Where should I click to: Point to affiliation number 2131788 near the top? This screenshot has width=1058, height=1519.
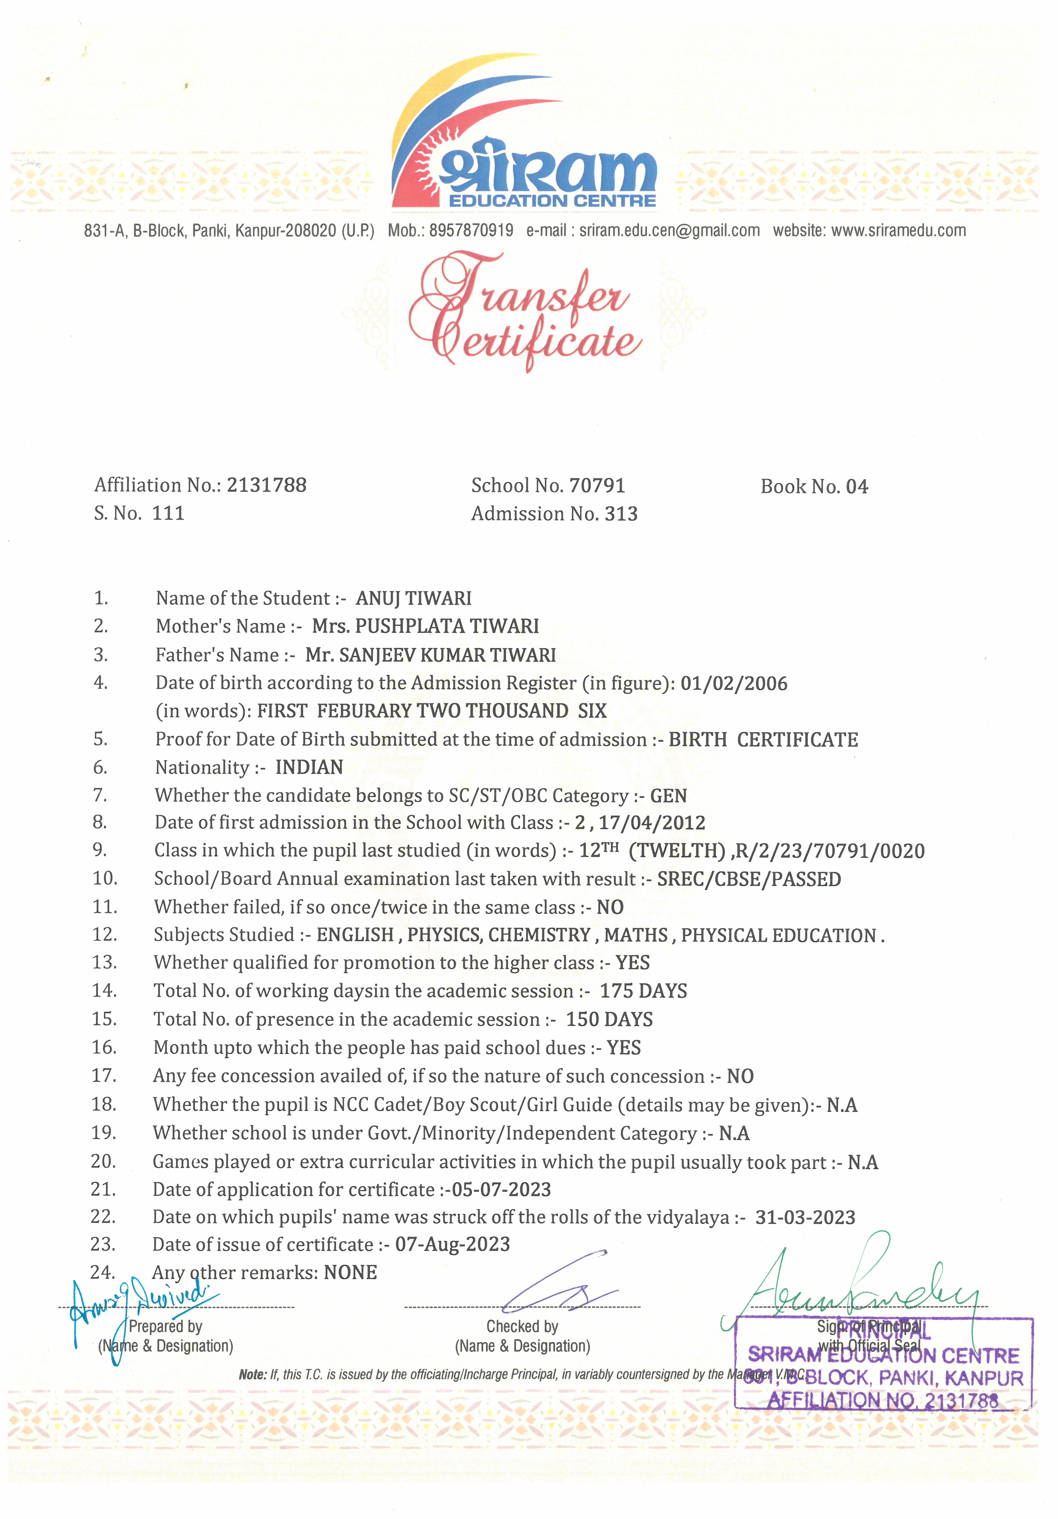267,485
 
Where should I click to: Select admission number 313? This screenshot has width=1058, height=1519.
621,514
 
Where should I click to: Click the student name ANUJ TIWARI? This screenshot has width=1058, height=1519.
414,598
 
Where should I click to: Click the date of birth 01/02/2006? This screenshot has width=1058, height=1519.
734,683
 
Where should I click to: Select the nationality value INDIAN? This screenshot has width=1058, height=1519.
309,767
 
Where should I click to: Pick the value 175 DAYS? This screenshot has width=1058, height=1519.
643,991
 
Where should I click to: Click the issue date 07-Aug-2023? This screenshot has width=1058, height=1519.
453,1244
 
